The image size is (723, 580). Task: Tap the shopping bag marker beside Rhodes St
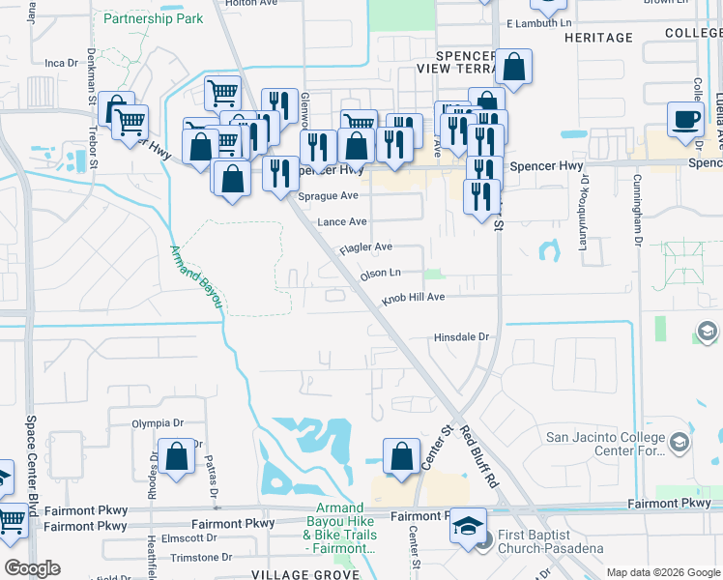tap(177, 457)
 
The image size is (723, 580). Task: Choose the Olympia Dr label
tap(158, 423)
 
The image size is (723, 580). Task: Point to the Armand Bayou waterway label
tap(197, 276)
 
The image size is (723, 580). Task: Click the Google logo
tap(32, 568)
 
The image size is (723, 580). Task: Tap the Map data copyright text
tap(663, 572)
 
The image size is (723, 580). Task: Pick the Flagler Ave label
tap(365, 248)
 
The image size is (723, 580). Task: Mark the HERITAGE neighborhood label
tap(597, 38)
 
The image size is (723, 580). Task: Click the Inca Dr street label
tap(61, 63)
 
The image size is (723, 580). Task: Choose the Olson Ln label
tap(380, 274)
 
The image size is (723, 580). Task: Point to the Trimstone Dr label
tap(201, 558)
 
